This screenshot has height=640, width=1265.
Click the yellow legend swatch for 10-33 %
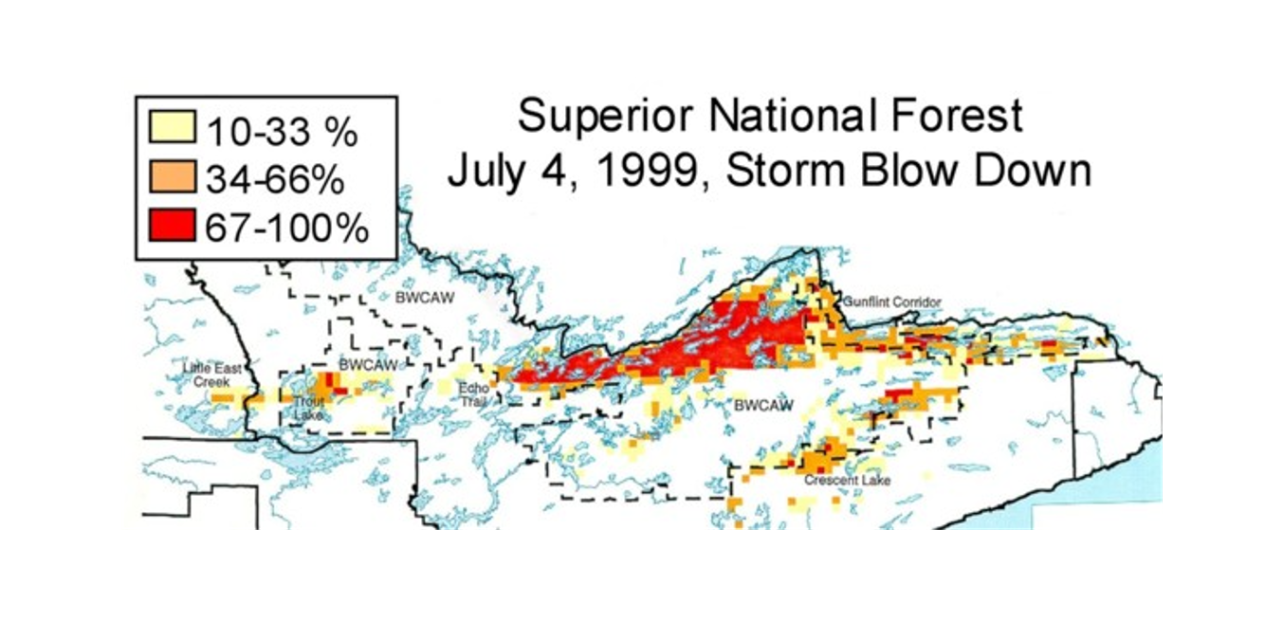pos(172,127)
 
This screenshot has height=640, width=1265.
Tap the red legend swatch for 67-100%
pos(172,228)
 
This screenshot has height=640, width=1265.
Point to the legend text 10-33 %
pos(280,129)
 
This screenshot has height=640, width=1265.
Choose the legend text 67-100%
pos(284,229)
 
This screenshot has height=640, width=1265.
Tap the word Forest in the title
pos(967,119)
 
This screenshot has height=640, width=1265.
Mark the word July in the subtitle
pos(492,174)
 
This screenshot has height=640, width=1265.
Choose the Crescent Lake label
pos(847,481)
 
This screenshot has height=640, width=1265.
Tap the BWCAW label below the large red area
pos(763,406)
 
